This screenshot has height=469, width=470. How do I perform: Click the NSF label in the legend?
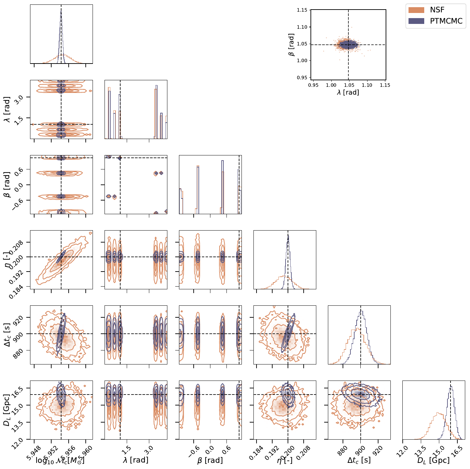pyautogui.click(x=437, y=10)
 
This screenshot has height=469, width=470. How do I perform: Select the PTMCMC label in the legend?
pyautogui.click(x=446, y=21)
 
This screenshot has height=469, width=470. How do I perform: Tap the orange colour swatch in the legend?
pyautogui.click(x=416, y=10)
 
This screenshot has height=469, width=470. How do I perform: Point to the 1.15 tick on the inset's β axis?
pyautogui.click(x=302, y=10)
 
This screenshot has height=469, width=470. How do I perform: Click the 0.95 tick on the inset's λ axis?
pyautogui.click(x=313, y=85)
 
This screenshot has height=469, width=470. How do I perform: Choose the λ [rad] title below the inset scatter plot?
pyautogui.click(x=348, y=92)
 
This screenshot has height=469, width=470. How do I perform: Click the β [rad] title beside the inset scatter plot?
pyautogui.click(x=291, y=44)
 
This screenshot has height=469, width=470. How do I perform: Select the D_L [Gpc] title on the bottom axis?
pyautogui.click(x=433, y=460)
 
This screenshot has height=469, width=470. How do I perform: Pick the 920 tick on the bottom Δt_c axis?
pyautogui.click(x=378, y=448)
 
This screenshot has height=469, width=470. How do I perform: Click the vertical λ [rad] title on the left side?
pyautogui.click(x=7, y=109)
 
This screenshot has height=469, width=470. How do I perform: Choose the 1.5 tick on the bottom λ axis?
pyautogui.click(x=126, y=449)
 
